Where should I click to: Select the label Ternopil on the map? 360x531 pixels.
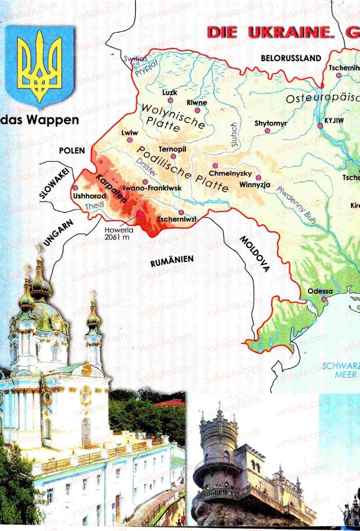coord(172,149)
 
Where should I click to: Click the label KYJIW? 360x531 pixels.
coord(334,120)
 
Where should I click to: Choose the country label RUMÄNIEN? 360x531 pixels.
coord(172,260)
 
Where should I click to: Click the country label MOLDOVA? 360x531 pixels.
coord(254,254)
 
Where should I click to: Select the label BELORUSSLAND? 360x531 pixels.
coord(291,58)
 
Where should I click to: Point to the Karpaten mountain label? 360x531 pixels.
coord(110,188)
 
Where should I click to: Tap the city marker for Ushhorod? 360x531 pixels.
coord(75,188)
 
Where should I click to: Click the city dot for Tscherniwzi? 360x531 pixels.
coord(181,212)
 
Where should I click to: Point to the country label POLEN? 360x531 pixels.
coord(72,150)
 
